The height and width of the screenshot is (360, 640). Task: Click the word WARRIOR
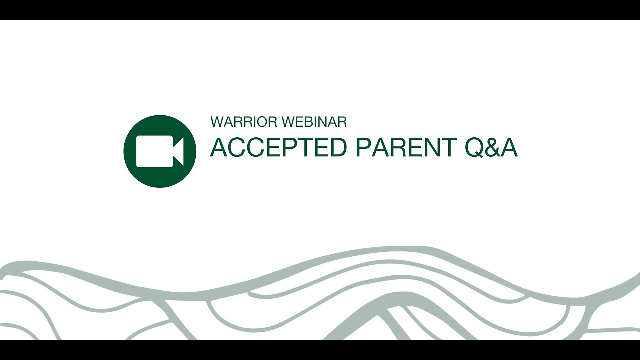(x=244, y=122)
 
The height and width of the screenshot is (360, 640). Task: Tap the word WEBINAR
(x=314, y=122)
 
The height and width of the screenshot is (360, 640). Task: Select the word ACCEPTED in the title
(x=278, y=147)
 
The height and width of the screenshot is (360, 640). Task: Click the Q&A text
(x=491, y=147)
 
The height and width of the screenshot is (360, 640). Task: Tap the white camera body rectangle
(x=154, y=151)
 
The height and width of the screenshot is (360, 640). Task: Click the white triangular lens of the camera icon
(x=178, y=151)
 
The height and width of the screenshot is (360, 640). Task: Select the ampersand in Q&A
(x=491, y=147)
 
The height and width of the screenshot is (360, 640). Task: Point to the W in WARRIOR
(x=217, y=122)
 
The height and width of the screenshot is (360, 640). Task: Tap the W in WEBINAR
(x=289, y=122)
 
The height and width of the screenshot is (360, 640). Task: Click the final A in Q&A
(x=508, y=147)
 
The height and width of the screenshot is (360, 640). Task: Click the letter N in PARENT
(x=431, y=147)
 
